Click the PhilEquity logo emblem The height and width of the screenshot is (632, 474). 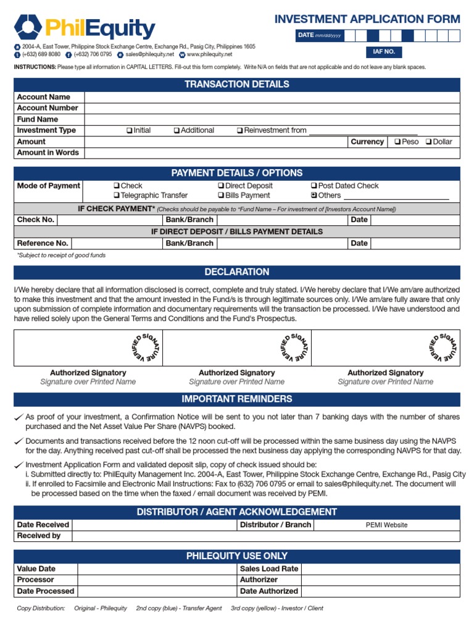[x=28, y=27]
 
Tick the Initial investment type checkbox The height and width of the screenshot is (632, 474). [x=129, y=131]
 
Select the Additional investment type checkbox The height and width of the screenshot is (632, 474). [x=177, y=131]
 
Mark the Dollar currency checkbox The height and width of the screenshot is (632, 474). [x=428, y=142]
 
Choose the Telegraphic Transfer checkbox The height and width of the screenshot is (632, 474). [x=116, y=196]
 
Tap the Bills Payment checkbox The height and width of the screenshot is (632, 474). [x=221, y=196]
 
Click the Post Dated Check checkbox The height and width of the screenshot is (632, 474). [x=314, y=186]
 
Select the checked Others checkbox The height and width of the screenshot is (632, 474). [x=314, y=196]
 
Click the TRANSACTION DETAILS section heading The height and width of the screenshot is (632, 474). [x=237, y=85]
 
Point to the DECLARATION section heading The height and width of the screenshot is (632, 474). [x=237, y=272]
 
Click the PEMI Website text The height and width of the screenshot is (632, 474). [x=386, y=525]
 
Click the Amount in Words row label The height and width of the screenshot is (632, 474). [x=48, y=153]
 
